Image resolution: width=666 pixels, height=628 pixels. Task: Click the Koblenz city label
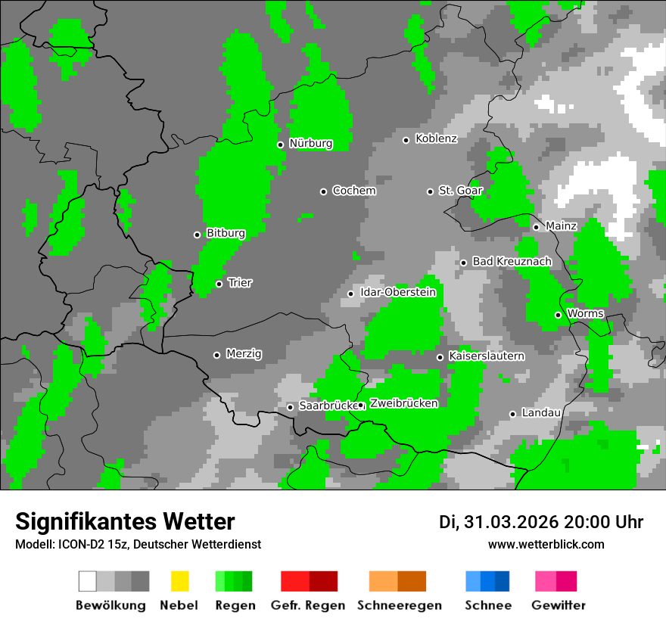pos(436,139)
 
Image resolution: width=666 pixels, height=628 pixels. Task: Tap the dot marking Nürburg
pos(280,145)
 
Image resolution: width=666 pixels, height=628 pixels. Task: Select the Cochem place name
pos(353,191)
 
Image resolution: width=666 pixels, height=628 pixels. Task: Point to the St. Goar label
pos(460,191)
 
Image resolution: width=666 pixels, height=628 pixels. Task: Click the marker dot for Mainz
pos(536,227)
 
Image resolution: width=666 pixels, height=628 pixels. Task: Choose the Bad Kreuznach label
pos(512,262)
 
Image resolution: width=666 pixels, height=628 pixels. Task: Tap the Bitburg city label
pos(226,234)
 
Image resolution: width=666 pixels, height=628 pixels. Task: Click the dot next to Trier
pos(219,284)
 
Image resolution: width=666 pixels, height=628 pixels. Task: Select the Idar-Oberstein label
pos(398,293)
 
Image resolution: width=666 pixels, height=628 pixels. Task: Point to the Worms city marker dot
pos(558,315)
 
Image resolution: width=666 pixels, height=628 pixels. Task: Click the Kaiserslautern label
pos(486,356)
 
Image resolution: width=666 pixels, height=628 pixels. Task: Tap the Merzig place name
pos(244,354)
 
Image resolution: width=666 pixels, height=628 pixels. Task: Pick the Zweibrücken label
pos(403,404)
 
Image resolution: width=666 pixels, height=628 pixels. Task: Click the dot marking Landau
pos(512,414)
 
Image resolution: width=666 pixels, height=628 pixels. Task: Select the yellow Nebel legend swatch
pos(179,581)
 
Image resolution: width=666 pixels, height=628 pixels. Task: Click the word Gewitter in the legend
pos(558,605)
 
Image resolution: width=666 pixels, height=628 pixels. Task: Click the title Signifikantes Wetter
pos(125,522)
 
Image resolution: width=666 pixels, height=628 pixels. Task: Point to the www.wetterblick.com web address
pos(546,545)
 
